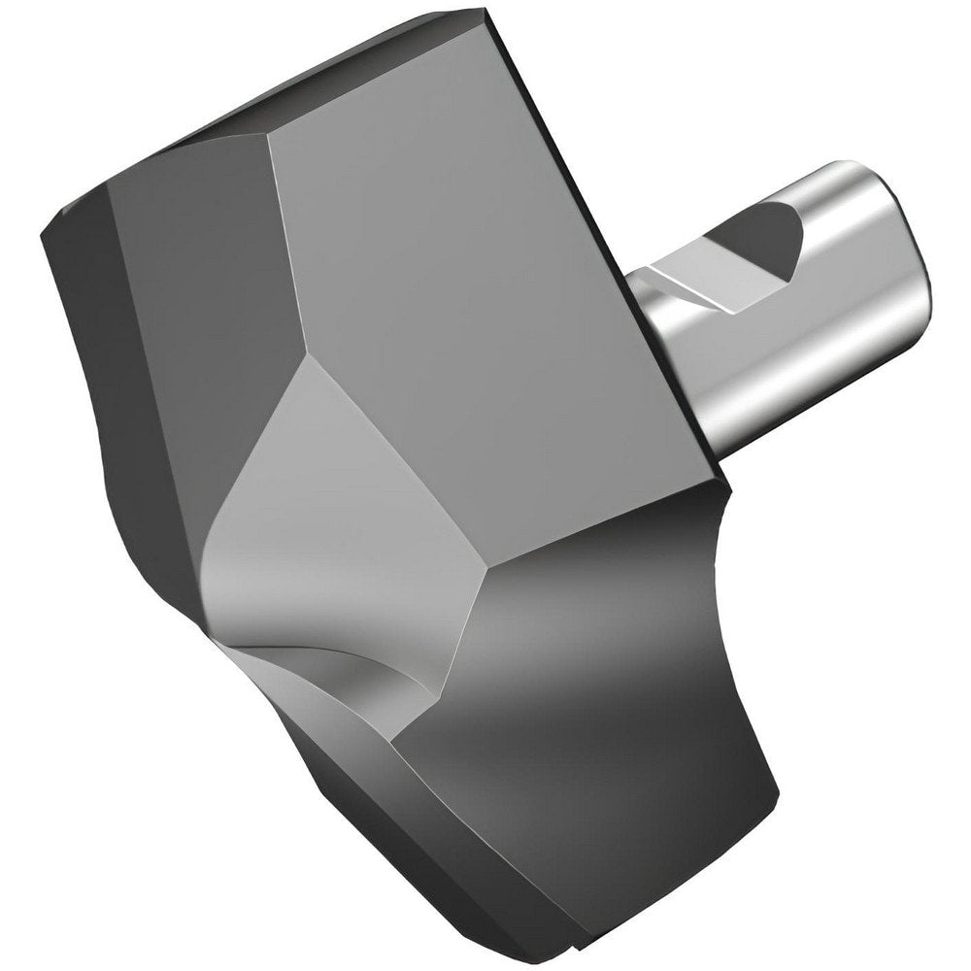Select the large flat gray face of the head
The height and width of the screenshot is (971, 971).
(x=485, y=272)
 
